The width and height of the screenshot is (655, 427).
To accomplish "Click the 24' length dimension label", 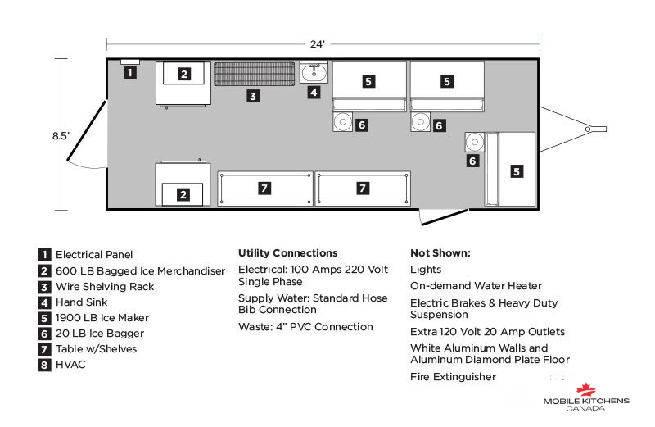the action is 318,44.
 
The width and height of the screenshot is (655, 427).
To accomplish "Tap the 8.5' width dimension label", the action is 61,136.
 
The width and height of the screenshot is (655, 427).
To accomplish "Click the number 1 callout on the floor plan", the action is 130,73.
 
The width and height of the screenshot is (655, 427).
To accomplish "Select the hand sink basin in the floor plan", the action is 314,73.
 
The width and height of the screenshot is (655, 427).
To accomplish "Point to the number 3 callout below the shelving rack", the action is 253,96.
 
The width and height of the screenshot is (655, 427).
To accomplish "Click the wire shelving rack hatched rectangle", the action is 255,74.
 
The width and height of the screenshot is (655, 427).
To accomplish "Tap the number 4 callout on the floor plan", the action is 314,92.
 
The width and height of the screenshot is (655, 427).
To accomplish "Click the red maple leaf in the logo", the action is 585,390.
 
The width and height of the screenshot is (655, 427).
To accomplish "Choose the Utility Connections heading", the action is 288,253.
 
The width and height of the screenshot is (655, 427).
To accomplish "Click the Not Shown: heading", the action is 440,253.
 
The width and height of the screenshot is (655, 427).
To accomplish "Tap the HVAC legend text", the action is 70,365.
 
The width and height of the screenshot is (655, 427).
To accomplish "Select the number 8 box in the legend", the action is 44,365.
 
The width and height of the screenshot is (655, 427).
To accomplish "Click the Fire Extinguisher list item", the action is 454,377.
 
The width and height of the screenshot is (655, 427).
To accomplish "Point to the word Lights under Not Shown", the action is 426,270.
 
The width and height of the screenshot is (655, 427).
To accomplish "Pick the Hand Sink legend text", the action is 81,302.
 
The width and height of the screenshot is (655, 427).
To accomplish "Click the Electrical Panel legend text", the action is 94,255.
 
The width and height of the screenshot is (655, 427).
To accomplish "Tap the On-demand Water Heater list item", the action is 476,286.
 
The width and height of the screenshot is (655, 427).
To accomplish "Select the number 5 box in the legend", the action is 44,318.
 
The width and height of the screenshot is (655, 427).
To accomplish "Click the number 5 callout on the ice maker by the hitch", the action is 517,171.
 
